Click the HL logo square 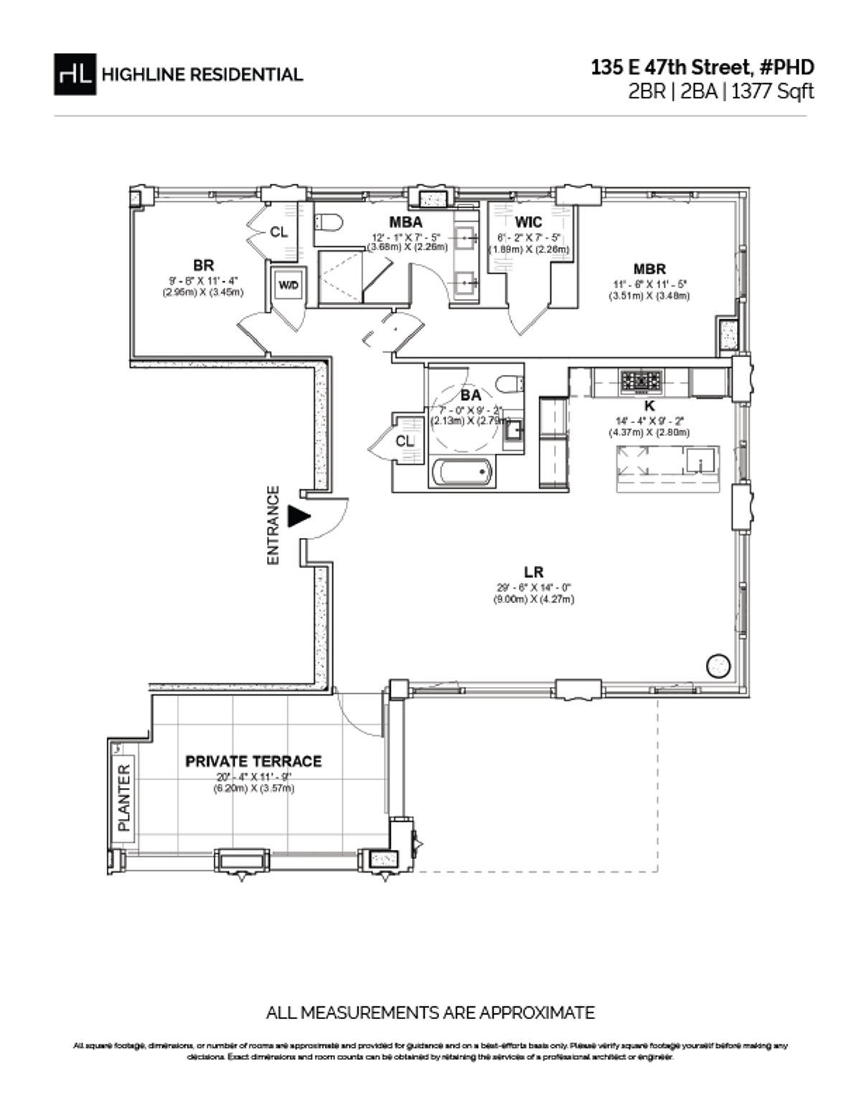75,74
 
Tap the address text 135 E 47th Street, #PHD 702,67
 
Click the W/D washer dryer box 288,285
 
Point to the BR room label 203,266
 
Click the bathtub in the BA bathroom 463,473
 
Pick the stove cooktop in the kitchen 643,381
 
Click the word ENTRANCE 273,526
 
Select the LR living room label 532,572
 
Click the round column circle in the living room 717,666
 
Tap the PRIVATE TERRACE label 253,761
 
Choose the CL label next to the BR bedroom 278,232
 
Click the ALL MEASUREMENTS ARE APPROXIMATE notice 430,1013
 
